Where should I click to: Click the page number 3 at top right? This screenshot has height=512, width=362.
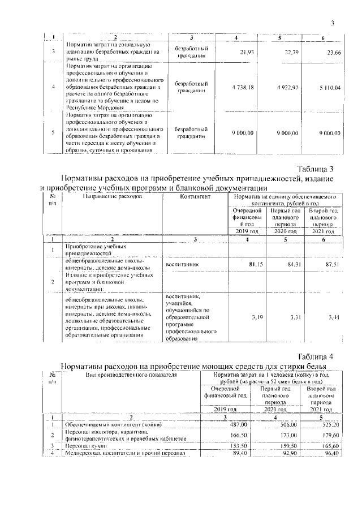[x=333, y=23]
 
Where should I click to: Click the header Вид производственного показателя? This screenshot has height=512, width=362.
[x=131, y=375]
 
